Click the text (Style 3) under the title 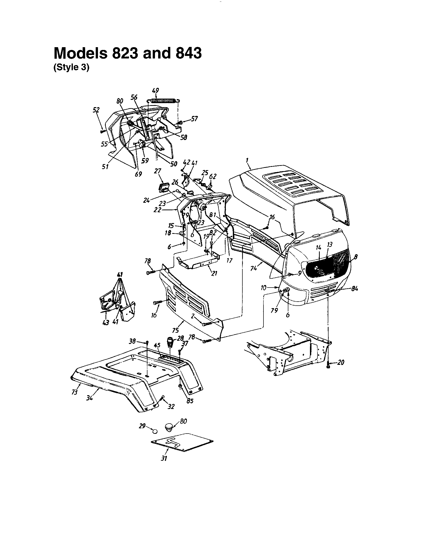[x=71, y=69]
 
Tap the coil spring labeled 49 [x=163, y=101]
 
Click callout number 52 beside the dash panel [x=96, y=110]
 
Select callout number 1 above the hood [x=247, y=160]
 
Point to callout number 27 [x=157, y=171]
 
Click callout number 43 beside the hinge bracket [x=106, y=322]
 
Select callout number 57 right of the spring [x=194, y=119]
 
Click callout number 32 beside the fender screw [x=171, y=406]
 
